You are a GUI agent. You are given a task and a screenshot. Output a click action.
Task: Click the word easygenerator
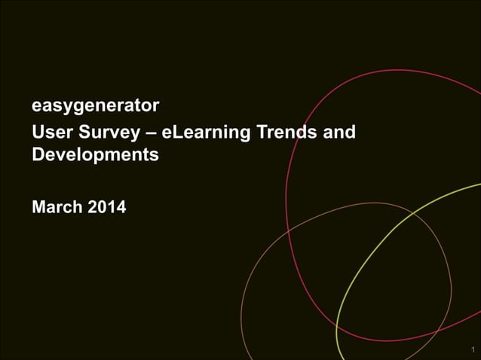point(95,104)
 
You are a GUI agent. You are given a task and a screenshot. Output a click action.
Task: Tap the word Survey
point(106,134)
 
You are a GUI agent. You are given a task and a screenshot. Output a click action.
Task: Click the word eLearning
point(205,134)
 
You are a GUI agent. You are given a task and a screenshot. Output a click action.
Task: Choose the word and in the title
point(339,133)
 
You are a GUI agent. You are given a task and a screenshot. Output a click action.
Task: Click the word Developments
point(95,155)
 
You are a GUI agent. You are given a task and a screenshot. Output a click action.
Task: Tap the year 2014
point(107,206)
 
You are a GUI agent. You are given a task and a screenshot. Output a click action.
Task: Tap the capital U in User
point(38,133)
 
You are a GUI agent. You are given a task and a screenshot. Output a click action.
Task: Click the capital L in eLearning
point(178,133)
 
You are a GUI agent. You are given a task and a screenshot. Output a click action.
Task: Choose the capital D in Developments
point(38,155)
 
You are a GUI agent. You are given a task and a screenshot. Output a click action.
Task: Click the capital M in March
point(39,206)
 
